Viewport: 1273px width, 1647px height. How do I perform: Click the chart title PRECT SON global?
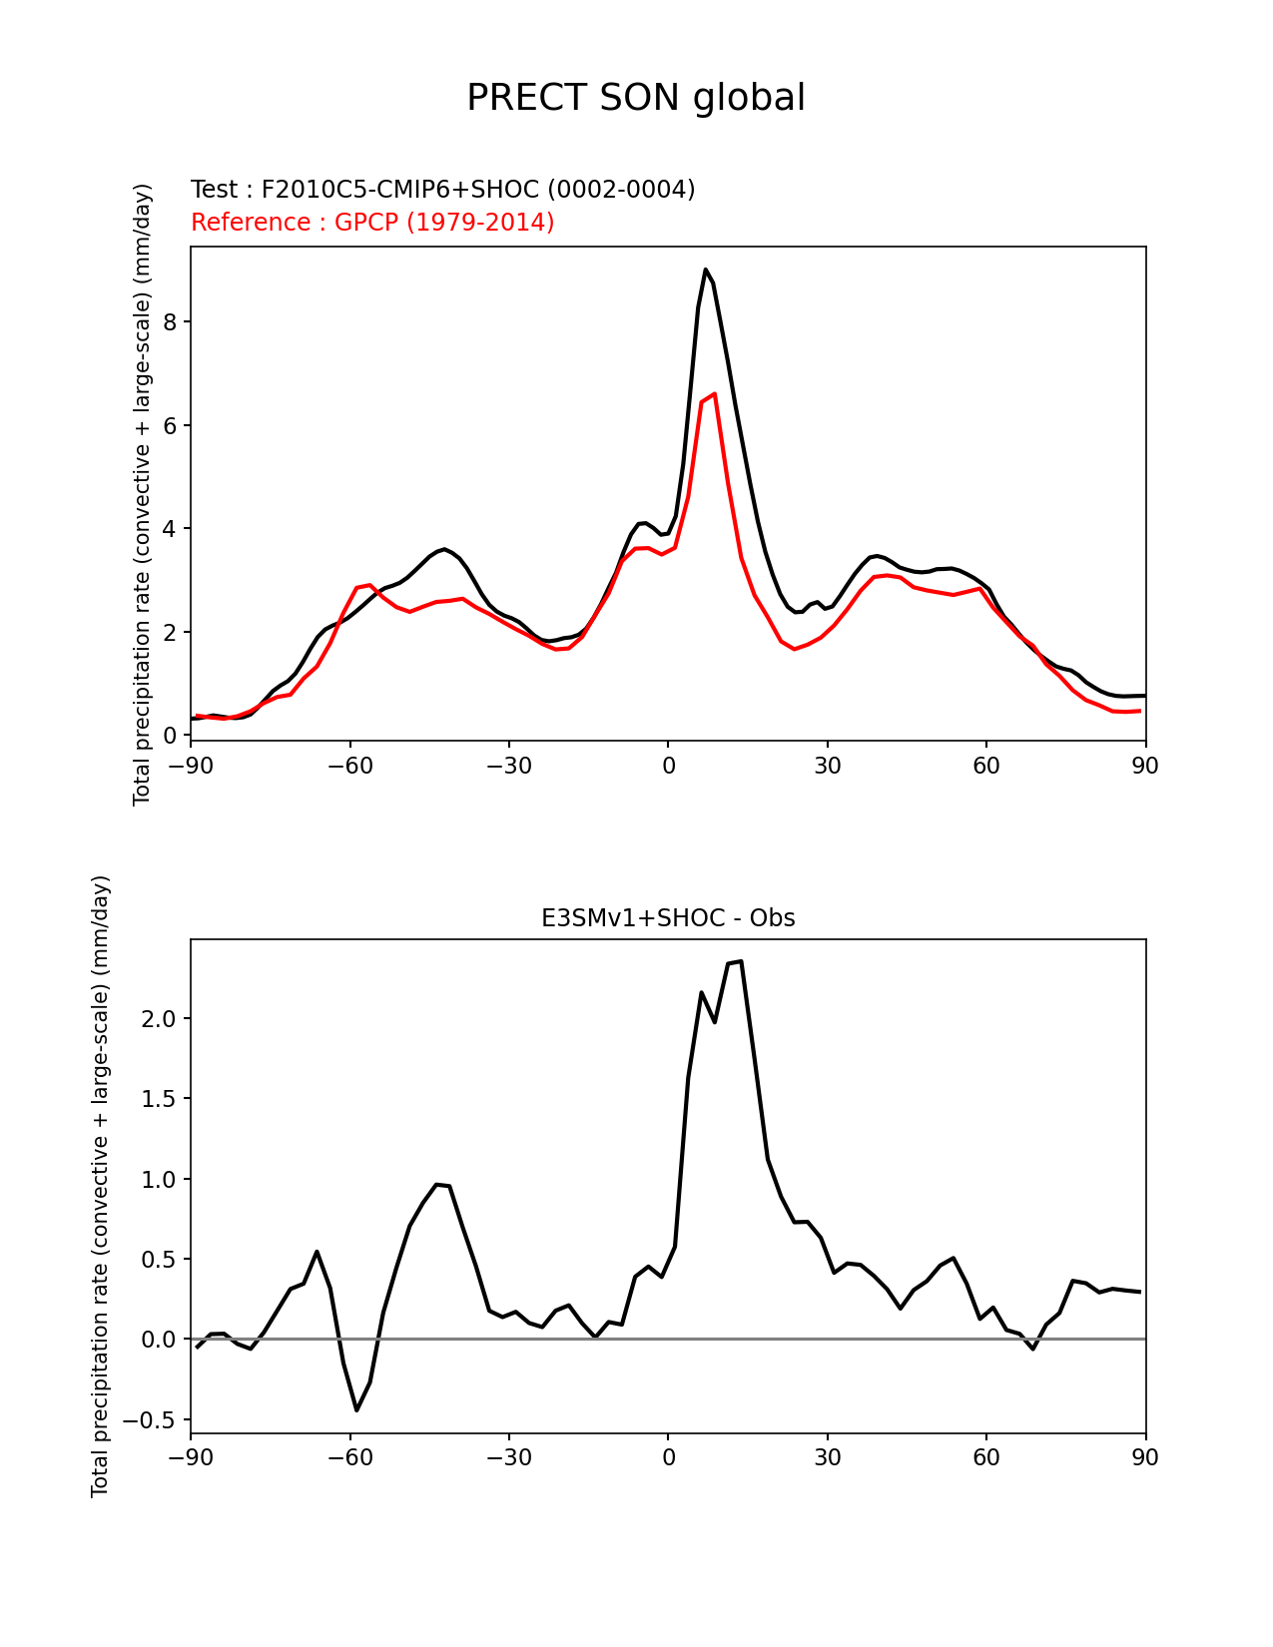tap(636, 98)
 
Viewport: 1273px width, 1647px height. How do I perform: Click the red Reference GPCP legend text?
tap(372, 222)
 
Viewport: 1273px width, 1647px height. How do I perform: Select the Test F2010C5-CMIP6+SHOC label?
tap(442, 189)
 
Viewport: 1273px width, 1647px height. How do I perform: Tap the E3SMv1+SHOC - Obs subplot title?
tap(668, 917)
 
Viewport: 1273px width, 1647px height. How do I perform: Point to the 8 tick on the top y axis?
tap(171, 321)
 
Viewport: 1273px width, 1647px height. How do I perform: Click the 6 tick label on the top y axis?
tap(171, 425)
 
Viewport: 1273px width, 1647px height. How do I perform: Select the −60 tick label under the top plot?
tap(349, 766)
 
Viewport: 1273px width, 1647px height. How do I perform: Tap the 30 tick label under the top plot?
tap(827, 766)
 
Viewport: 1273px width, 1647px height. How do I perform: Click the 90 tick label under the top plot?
tap(1145, 766)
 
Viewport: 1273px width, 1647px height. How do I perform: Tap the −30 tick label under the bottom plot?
tap(508, 1457)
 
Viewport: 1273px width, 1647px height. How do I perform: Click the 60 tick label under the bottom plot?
tap(986, 1457)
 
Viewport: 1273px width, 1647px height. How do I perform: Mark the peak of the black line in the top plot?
tap(705, 269)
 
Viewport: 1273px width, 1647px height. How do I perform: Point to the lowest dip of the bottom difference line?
tap(356, 1409)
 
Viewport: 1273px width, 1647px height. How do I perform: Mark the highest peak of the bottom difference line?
tap(741, 961)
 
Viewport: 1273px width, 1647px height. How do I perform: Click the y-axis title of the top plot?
tap(142, 494)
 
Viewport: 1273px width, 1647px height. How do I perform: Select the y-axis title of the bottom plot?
tap(100, 1186)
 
